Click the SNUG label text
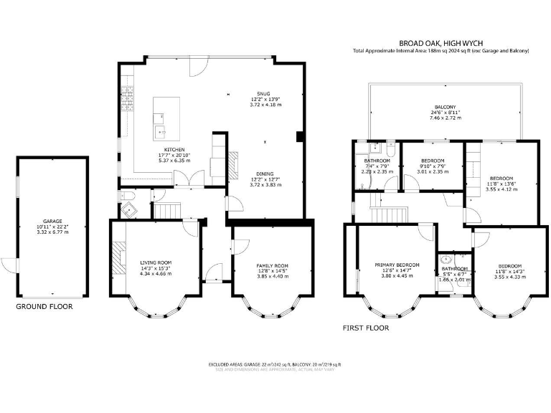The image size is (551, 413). pyautogui.click(x=266, y=92)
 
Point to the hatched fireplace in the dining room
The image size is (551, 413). pyautogui.click(x=233, y=163)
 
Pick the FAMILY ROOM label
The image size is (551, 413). pyautogui.click(x=272, y=265)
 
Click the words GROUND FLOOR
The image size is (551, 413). pyautogui.click(x=44, y=306)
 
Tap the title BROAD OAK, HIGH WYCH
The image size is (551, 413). pyautogui.click(x=441, y=42)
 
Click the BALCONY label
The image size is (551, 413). pyautogui.click(x=446, y=107)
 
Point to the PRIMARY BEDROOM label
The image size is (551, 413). pyautogui.click(x=397, y=265)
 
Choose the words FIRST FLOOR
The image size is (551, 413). pyautogui.click(x=366, y=328)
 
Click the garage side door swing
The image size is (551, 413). pyautogui.click(x=8, y=265)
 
